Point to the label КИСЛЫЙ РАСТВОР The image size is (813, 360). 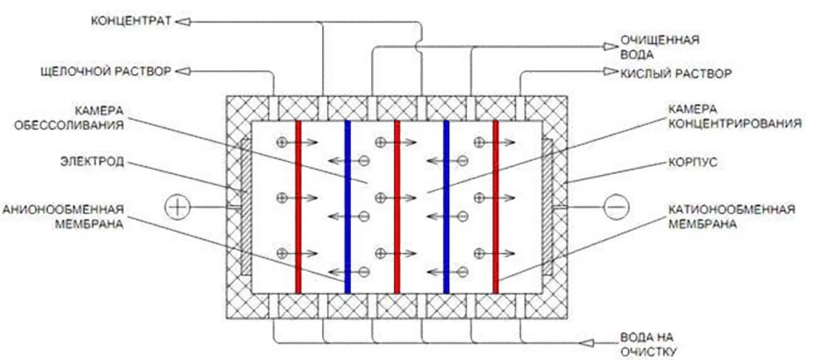676,73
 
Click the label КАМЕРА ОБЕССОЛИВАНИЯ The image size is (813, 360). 98,118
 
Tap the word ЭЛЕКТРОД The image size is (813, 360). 94,161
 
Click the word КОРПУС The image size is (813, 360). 691,162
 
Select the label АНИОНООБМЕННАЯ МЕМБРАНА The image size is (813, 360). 63,218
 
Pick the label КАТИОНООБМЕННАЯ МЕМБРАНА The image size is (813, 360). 731,217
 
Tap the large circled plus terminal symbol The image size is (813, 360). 178,207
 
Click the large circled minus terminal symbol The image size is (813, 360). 616,207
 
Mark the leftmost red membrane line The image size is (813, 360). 298,207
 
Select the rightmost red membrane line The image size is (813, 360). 495,207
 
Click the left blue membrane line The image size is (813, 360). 347,207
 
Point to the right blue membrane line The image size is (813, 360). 446,207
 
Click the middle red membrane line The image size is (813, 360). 397,207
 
